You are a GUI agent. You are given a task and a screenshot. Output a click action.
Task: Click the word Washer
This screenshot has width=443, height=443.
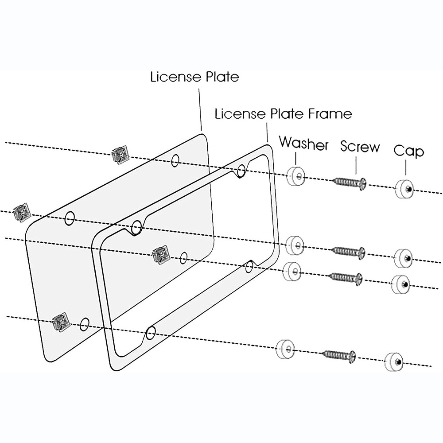pyautogui.click(x=304, y=143)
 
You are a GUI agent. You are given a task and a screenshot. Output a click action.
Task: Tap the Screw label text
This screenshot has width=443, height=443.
pyautogui.click(x=360, y=146)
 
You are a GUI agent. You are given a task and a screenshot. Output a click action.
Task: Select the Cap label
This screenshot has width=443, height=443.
pyautogui.click(x=409, y=151)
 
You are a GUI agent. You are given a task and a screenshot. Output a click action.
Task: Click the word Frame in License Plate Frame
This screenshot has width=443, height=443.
pyautogui.click(x=330, y=114)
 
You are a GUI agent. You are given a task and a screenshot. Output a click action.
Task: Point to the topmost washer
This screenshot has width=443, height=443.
pyautogui.click(x=295, y=176)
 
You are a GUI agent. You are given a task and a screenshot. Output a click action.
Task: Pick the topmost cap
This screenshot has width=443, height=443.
pyautogui.click(x=404, y=188)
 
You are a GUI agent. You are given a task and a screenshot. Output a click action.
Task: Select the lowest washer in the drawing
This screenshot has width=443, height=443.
pyautogui.click(x=285, y=349)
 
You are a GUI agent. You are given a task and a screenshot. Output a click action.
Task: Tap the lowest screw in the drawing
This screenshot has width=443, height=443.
pyautogui.click(x=339, y=356)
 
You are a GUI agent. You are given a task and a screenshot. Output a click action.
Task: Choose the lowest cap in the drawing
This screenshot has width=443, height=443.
pyautogui.click(x=394, y=362)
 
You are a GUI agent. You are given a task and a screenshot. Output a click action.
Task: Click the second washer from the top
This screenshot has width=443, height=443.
pyautogui.click(x=295, y=245)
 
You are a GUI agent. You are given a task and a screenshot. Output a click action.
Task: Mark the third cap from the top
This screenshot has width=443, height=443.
pyautogui.click(x=401, y=284)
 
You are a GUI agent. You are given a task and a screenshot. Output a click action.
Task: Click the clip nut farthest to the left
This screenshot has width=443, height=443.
pyautogui.click(x=22, y=213)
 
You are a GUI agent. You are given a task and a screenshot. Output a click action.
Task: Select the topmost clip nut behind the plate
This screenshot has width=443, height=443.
pyautogui.click(x=120, y=155)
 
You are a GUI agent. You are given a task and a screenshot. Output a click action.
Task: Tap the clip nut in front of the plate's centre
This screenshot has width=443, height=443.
pyautogui.click(x=161, y=254)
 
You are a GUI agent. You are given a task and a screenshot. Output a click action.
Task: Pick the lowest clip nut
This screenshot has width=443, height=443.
pyautogui.click(x=61, y=322)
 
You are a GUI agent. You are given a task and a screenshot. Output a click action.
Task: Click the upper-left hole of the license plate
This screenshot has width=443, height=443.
pyautogui.click(x=69, y=218)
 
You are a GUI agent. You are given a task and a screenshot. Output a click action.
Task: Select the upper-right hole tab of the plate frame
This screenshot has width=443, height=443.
pyautogui.click(x=241, y=171)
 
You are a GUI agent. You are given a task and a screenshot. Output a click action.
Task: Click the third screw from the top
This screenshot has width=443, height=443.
pyautogui.click(x=346, y=278)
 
